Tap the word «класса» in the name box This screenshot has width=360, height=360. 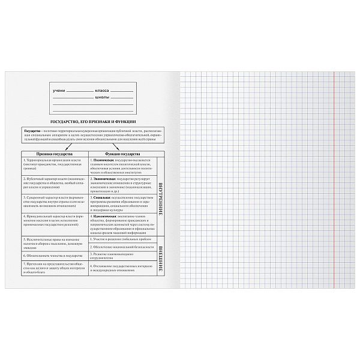click(x=103, y=90)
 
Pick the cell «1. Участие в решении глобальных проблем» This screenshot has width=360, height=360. click(x=120, y=238)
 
